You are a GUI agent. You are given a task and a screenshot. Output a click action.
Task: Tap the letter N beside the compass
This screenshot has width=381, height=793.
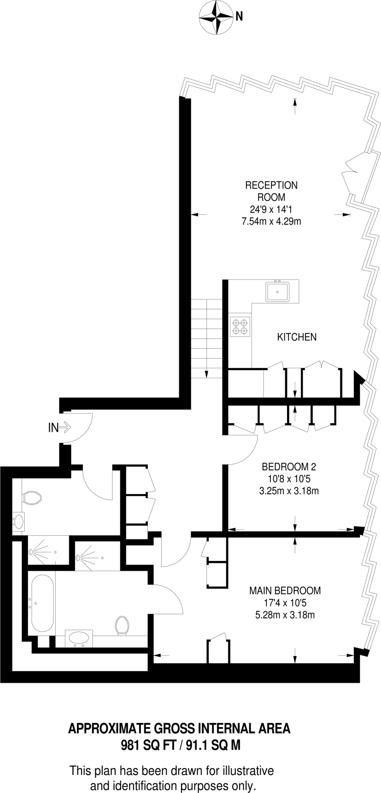pyautogui.click(x=239, y=16)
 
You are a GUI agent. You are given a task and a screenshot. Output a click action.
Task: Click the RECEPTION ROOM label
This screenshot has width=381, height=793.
pyautogui.click(x=271, y=191)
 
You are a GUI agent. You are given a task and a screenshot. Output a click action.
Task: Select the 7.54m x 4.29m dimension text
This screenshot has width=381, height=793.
pyautogui.click(x=271, y=221)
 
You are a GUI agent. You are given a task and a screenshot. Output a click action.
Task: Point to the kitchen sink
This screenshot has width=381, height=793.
pyautogui.click(x=277, y=291)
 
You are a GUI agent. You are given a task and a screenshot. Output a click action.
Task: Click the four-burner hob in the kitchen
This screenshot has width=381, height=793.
pyautogui.click(x=240, y=326)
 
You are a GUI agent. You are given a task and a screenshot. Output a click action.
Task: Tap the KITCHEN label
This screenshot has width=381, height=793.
pyautogui.click(x=297, y=337)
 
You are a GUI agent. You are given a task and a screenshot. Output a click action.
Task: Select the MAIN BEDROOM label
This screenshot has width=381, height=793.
pyautogui.click(x=285, y=590)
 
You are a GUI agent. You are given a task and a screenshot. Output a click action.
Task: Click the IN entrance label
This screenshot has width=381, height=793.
pyautogui.click(x=53, y=428)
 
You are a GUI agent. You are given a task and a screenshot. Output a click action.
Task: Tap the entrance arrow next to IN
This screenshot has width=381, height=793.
pyautogui.click(x=65, y=428)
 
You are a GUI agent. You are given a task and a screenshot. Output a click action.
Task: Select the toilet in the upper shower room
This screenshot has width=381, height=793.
pyautogui.click(x=32, y=498)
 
